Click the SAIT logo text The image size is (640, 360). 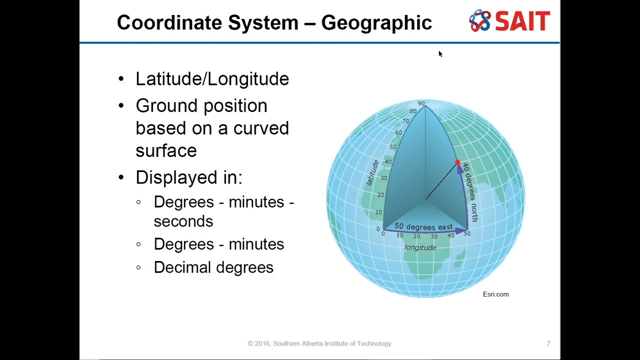pyautogui.click(x=522, y=21)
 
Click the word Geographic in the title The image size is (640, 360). pyautogui.click(x=376, y=22)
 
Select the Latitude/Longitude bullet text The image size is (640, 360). pyautogui.click(x=212, y=78)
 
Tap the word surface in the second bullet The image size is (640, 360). pyautogui.click(x=166, y=150)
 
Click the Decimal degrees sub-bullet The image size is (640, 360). pyautogui.click(x=213, y=267)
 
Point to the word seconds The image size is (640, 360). pyautogui.click(x=183, y=221)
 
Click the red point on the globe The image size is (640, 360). pyautogui.click(x=457, y=163)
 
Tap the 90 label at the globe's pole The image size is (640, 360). pyautogui.click(x=421, y=103)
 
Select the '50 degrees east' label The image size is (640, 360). pyautogui.click(x=423, y=227)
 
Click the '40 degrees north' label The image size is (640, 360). pyautogui.click(x=470, y=192)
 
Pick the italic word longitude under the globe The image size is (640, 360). pyautogui.click(x=420, y=247)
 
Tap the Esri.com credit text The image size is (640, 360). pyautogui.click(x=495, y=294)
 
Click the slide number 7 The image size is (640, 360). pyautogui.click(x=548, y=343)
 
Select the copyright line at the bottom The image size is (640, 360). pyautogui.click(x=319, y=343)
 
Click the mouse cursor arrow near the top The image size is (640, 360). pyautogui.click(x=440, y=53)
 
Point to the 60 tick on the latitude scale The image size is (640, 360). pyautogui.click(x=398, y=132)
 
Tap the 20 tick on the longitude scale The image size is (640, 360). pyautogui.click(x=416, y=236)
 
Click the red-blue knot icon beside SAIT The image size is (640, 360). pyautogui.click(x=480, y=21)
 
